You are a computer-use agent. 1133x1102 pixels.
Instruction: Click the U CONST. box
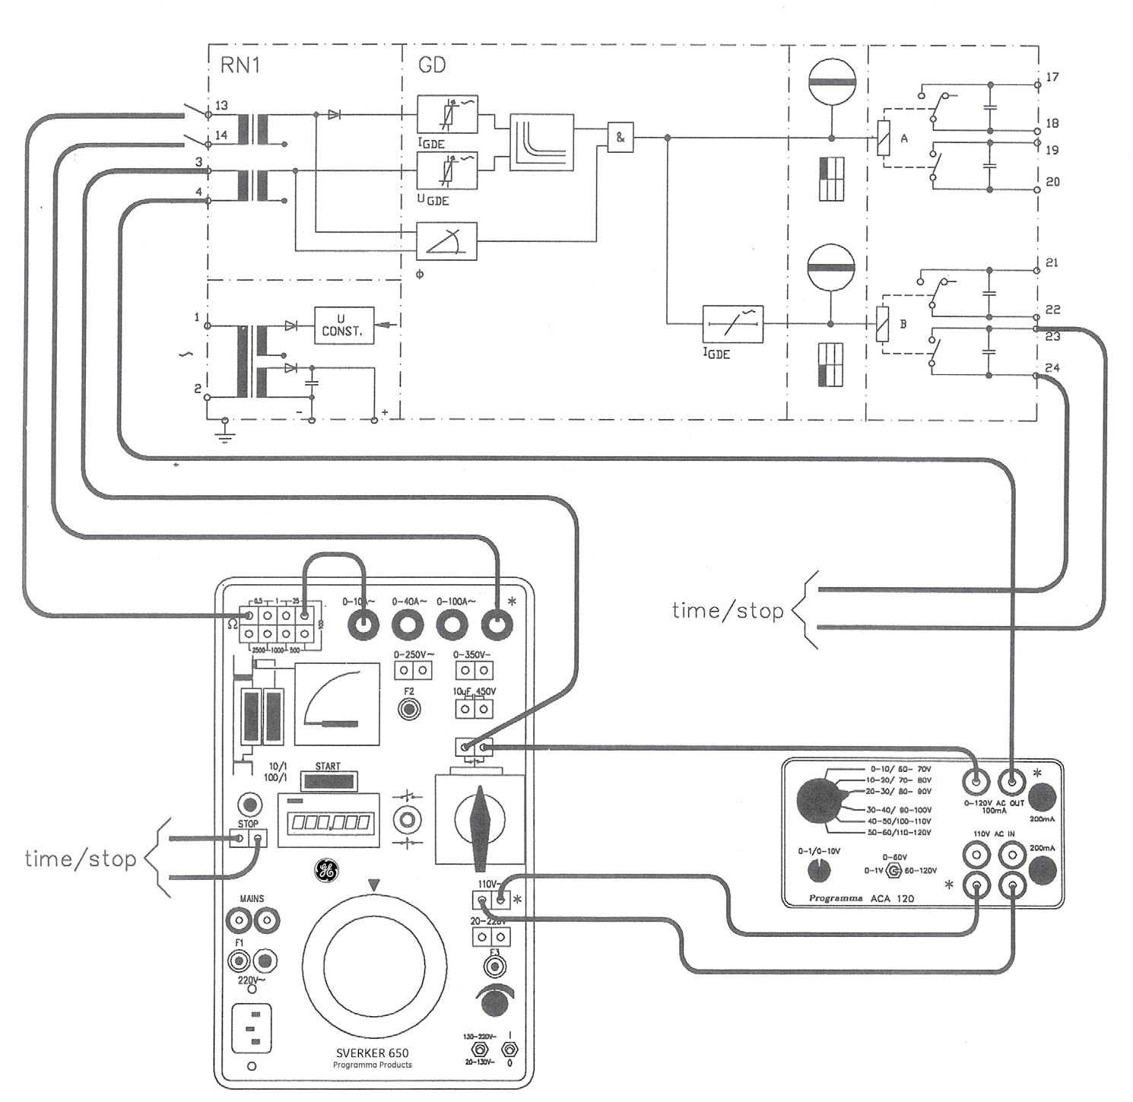click(x=344, y=326)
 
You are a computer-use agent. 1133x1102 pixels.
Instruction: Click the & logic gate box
click(x=620, y=138)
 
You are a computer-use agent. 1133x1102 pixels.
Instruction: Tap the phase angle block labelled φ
click(x=446, y=242)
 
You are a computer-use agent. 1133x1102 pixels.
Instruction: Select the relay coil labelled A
click(x=884, y=138)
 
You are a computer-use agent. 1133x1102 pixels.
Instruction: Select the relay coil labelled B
click(x=883, y=324)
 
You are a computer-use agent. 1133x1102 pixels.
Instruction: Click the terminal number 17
click(x=1052, y=78)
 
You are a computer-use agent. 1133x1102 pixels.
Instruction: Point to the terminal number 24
click(x=1052, y=368)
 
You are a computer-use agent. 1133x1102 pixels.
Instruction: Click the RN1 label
click(x=240, y=65)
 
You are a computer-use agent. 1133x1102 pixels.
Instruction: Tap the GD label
click(x=432, y=65)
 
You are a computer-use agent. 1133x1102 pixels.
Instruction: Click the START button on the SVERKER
click(x=328, y=782)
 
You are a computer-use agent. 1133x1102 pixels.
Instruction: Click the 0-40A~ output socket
click(x=408, y=626)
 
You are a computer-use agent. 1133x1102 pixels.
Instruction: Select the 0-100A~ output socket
click(x=453, y=626)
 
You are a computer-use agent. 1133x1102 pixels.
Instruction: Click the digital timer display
click(x=330, y=822)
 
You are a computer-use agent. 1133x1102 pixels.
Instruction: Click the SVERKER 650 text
click(x=373, y=1053)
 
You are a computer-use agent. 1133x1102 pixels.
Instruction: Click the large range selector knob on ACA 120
click(x=820, y=801)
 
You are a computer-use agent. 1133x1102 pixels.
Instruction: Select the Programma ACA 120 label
click(x=861, y=898)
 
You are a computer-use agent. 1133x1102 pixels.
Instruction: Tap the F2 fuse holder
click(x=410, y=710)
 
